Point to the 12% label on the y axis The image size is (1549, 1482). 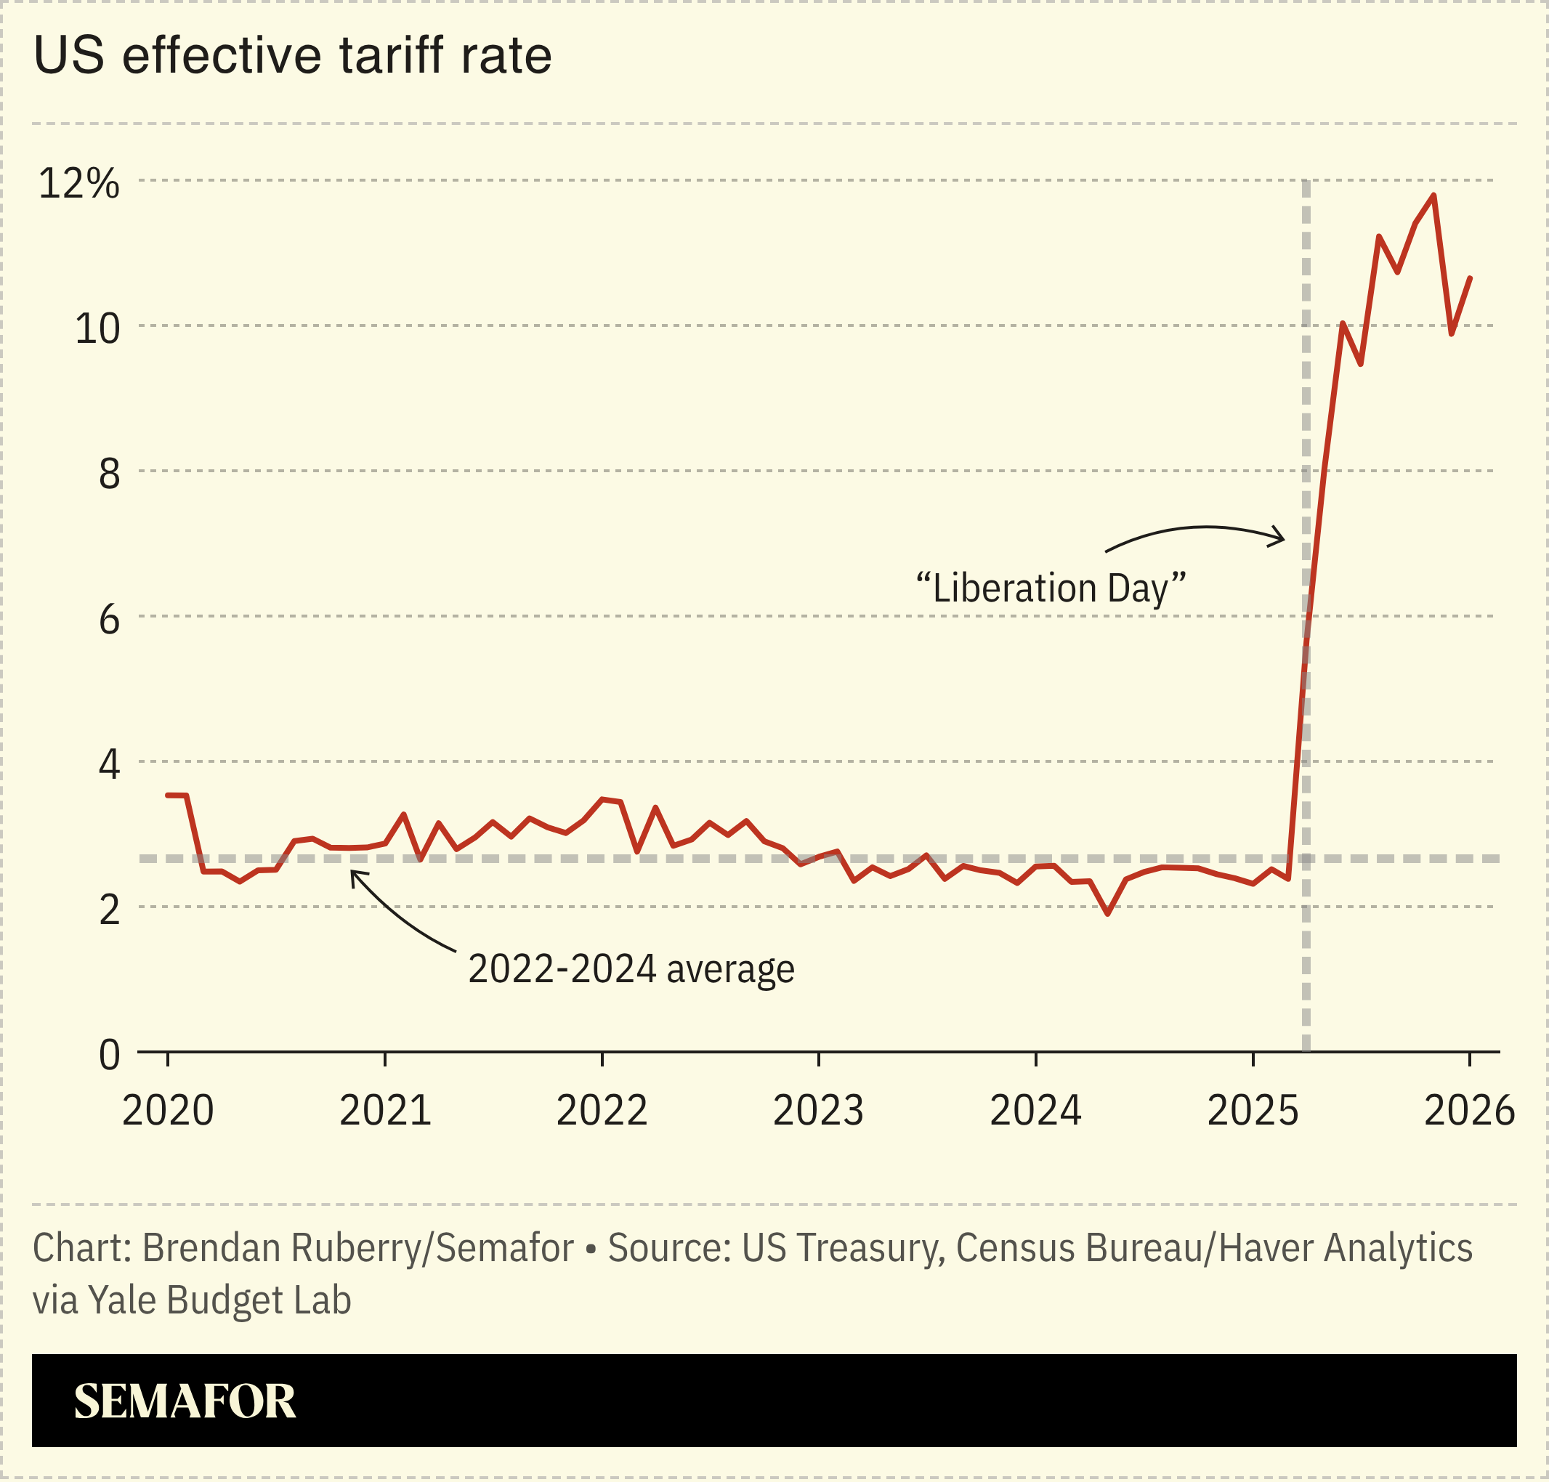click(x=79, y=183)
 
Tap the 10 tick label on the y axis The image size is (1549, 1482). click(x=97, y=328)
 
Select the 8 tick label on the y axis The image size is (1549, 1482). click(x=109, y=473)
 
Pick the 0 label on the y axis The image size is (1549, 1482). click(x=109, y=1055)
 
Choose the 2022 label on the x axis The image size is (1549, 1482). click(x=602, y=1110)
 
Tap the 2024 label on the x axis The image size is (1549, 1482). click(x=1035, y=1110)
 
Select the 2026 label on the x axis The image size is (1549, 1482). click(x=1469, y=1110)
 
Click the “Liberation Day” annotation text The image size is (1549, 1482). click(x=1051, y=588)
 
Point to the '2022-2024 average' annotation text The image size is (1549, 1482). click(x=631, y=968)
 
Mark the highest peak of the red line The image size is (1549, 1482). click(x=1433, y=195)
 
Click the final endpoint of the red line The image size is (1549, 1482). click(x=1470, y=278)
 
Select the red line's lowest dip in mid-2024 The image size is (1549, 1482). click(x=1108, y=914)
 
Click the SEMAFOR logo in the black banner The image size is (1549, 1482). click(x=185, y=1401)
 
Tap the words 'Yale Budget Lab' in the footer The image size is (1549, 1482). click(x=219, y=1300)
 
